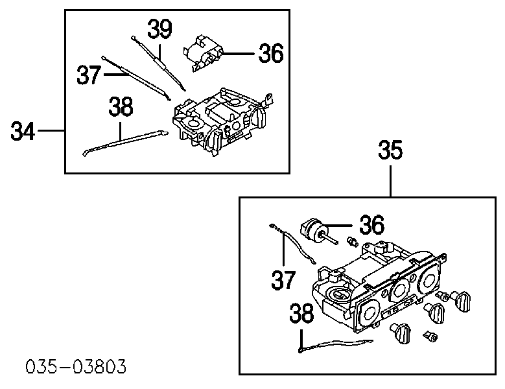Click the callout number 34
(23, 131)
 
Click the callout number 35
(390, 150)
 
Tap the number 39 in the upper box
(159, 29)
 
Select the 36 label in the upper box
(271, 53)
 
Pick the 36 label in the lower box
(371, 225)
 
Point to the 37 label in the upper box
(89, 75)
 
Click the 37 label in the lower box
(283, 280)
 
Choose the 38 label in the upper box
(121, 106)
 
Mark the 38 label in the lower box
(301, 313)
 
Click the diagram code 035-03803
(76, 367)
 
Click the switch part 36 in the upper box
(204, 53)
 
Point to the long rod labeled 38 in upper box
(126, 143)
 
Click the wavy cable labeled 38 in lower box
(335, 345)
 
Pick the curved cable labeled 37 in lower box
(292, 243)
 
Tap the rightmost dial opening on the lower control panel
(429, 280)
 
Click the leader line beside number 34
(51, 130)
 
